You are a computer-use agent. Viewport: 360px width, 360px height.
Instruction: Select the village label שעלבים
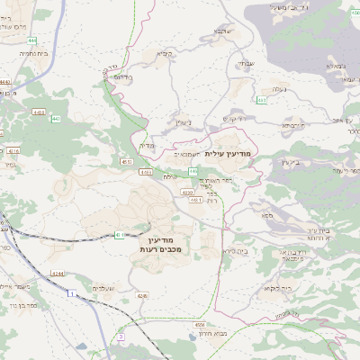[100, 287]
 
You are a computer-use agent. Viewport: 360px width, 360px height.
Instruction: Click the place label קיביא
[165, 53]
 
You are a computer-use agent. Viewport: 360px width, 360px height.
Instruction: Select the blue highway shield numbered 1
[69, 293]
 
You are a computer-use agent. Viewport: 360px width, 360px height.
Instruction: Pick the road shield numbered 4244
[58, 273]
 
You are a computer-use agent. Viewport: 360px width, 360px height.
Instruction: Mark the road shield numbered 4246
[142, 294]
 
